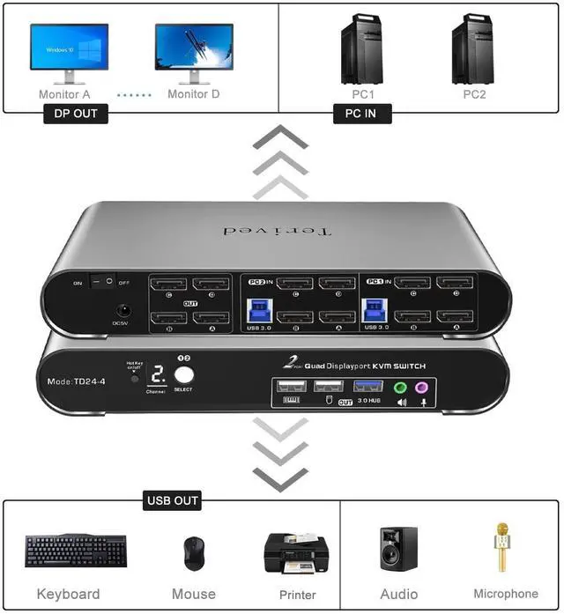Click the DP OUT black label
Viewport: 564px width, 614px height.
76,114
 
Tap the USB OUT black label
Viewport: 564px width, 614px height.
173,501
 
